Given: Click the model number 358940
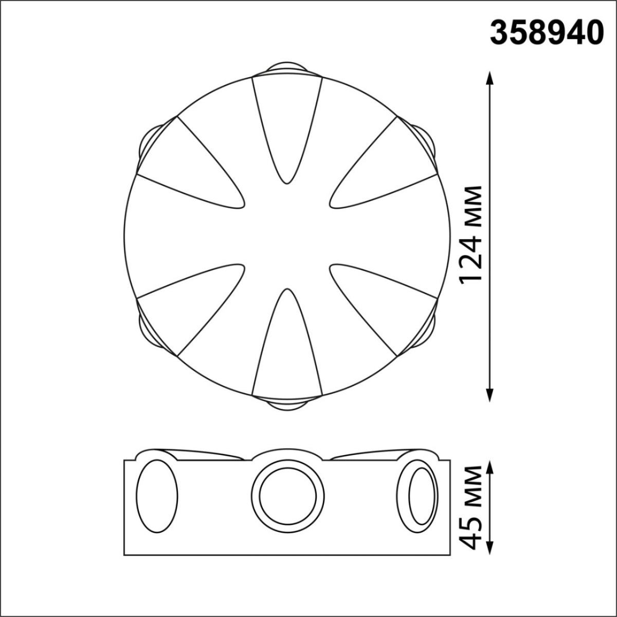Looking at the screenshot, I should pyautogui.click(x=546, y=32).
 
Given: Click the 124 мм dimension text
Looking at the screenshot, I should pyautogui.click(x=470, y=234).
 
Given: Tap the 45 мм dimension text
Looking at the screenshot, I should pyautogui.click(x=472, y=507).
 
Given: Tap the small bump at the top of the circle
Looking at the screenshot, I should pyautogui.click(x=287, y=68).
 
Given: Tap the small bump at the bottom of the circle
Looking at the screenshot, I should pyautogui.click(x=287, y=405).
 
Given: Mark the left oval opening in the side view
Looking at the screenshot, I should pyautogui.click(x=157, y=496).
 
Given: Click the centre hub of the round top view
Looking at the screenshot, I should pyautogui.click(x=287, y=237).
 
